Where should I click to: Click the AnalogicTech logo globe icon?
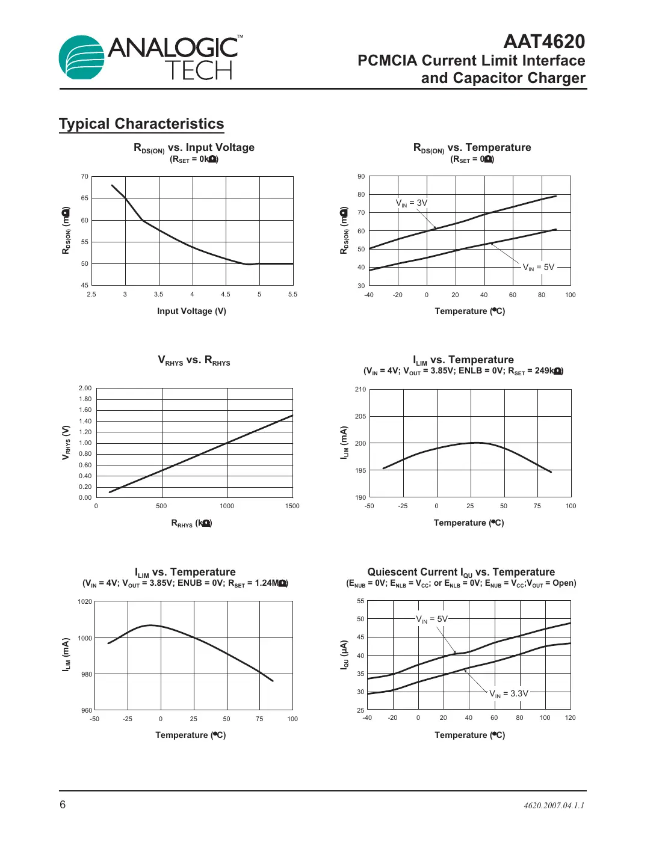[82, 57]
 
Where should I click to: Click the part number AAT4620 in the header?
[543, 41]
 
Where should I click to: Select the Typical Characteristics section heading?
[141, 124]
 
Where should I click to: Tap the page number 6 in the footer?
[63, 805]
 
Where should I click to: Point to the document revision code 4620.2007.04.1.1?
[554, 805]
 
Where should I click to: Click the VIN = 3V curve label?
[412, 203]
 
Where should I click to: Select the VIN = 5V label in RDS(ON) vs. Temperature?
[538, 267]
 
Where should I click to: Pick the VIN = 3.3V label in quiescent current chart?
[509, 693]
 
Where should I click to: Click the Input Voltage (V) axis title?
[191, 311]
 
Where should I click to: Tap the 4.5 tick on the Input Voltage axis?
[226, 295]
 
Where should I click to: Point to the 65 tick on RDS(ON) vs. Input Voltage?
[85, 198]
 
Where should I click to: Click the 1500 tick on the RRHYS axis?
[292, 506]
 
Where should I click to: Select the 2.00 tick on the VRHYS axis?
[85, 388]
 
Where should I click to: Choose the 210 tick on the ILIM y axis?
[360, 389]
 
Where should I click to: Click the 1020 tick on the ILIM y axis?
[85, 601]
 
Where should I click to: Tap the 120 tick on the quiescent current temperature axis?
[570, 717]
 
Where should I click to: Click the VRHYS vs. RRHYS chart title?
[194, 360]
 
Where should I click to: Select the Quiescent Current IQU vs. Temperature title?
[461, 572]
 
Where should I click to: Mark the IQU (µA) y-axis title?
[344, 654]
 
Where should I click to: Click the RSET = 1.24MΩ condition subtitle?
[185, 583]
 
